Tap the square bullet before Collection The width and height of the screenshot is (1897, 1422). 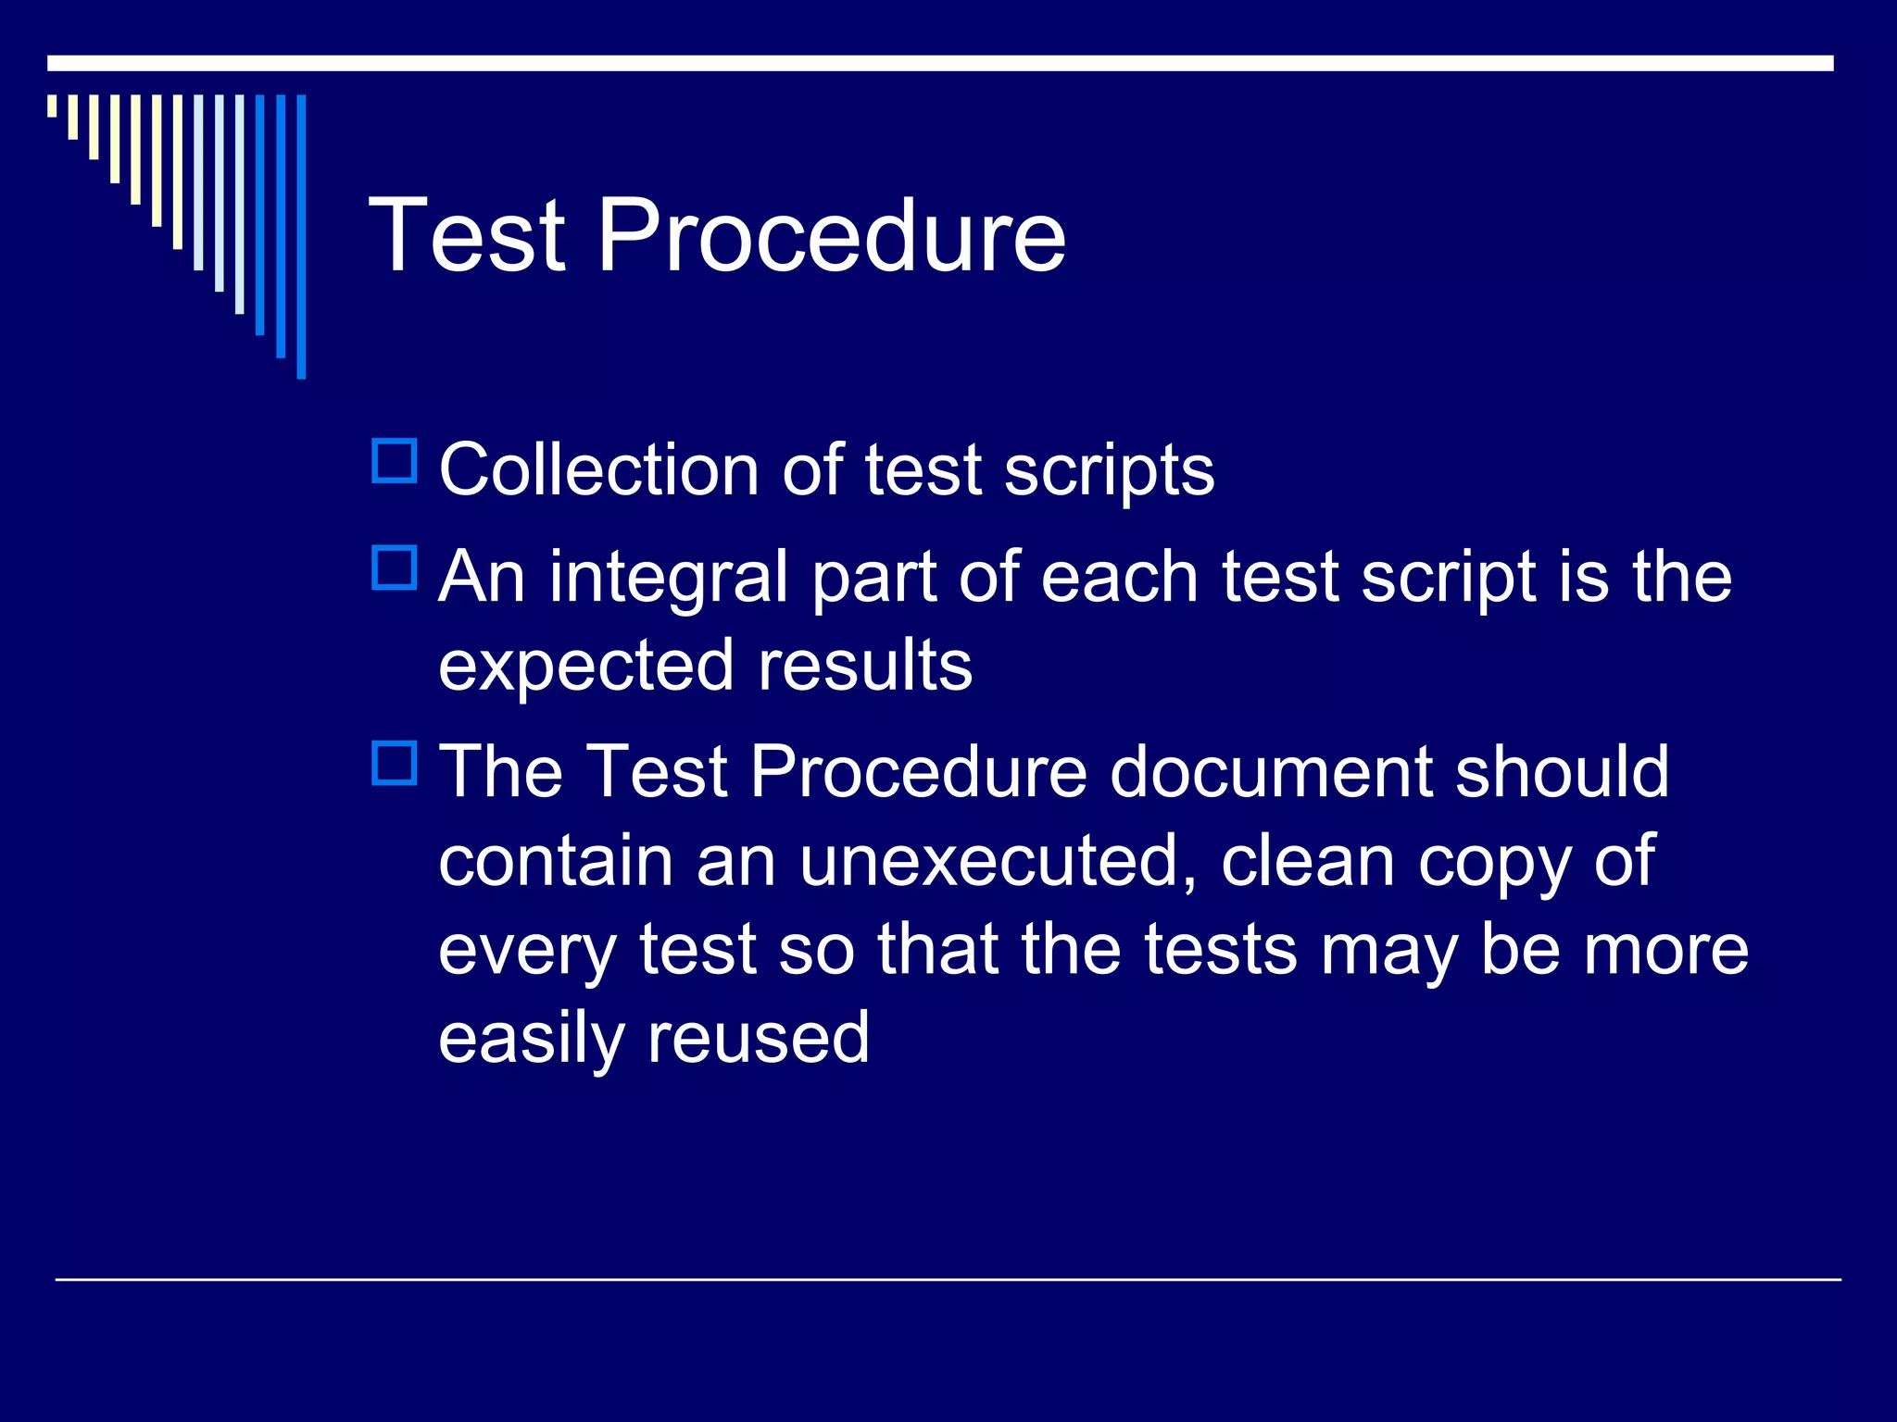pos(395,461)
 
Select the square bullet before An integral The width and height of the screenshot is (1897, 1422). pos(395,568)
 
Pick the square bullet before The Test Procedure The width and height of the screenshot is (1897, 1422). pos(395,763)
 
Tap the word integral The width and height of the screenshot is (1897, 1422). pos(668,579)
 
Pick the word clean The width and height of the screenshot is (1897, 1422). pos(1307,861)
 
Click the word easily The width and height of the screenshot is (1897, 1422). pos(531,1039)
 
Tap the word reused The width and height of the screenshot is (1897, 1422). pos(758,1039)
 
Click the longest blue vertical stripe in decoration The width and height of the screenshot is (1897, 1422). pos(301,236)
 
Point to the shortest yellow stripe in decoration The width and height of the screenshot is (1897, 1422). pos(52,106)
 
